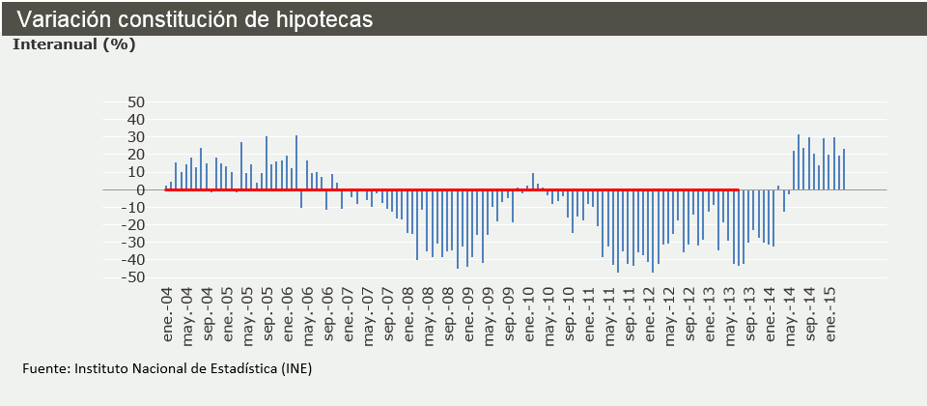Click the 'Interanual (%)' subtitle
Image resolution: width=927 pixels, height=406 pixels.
73,43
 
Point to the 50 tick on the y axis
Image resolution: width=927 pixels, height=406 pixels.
136,102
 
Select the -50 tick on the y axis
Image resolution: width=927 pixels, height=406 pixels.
133,278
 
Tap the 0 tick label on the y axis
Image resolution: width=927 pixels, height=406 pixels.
140,190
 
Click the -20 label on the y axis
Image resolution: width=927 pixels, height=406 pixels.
133,225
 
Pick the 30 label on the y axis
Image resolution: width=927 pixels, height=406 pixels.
136,137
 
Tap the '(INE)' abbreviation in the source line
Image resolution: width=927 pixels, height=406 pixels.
294,368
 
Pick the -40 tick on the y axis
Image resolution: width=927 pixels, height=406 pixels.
133,261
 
